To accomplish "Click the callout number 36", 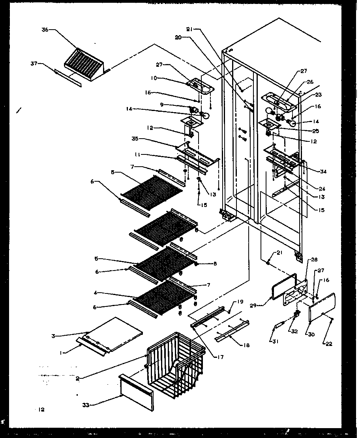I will [45, 29].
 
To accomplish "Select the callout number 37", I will [34, 63].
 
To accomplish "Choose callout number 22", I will [329, 344].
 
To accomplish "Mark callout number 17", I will [221, 357].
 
